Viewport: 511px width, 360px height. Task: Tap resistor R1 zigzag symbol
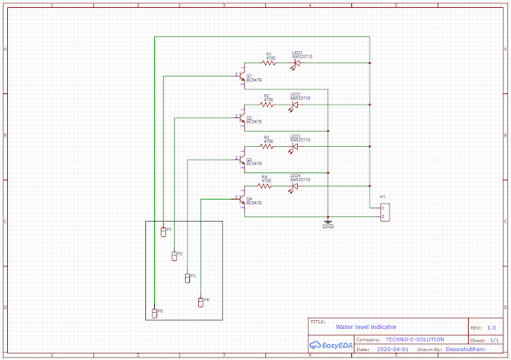269,62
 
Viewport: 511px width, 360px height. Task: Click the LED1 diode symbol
296,62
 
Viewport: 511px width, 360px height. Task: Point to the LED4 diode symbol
295,186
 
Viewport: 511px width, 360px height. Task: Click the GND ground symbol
327,221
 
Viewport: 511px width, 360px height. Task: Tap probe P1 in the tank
163,231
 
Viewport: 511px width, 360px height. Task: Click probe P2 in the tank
175,255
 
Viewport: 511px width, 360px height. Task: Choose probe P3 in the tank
187,278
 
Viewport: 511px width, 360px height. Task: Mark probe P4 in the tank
200,301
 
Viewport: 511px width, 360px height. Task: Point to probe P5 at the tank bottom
155,312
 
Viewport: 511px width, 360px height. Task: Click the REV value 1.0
491,327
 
